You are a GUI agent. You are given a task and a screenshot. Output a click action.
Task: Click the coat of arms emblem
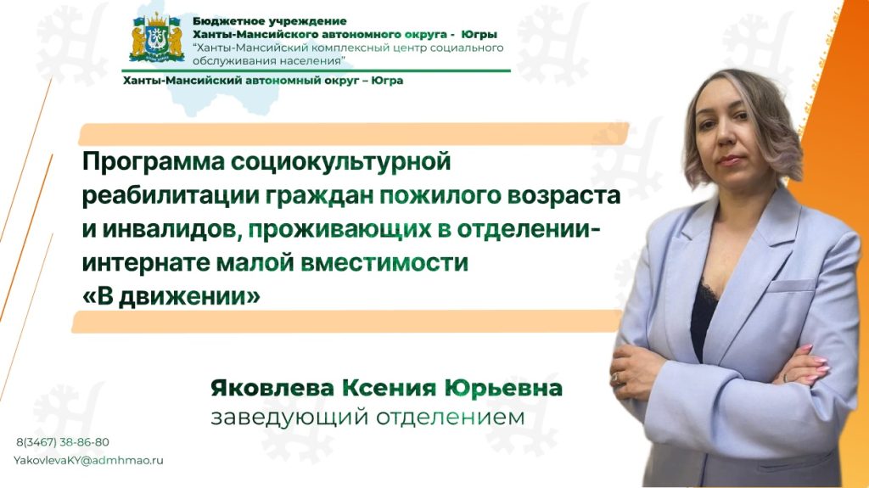157,37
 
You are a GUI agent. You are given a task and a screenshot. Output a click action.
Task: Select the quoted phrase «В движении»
171,296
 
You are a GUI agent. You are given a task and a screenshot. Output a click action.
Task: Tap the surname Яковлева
272,388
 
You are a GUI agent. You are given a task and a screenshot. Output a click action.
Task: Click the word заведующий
289,418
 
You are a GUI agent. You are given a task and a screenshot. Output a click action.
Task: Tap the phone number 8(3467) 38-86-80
63,442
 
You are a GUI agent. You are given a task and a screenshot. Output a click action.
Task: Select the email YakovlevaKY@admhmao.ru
88,460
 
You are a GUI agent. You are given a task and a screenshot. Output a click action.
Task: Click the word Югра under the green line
387,81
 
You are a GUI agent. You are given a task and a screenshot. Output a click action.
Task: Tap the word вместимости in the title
384,262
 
